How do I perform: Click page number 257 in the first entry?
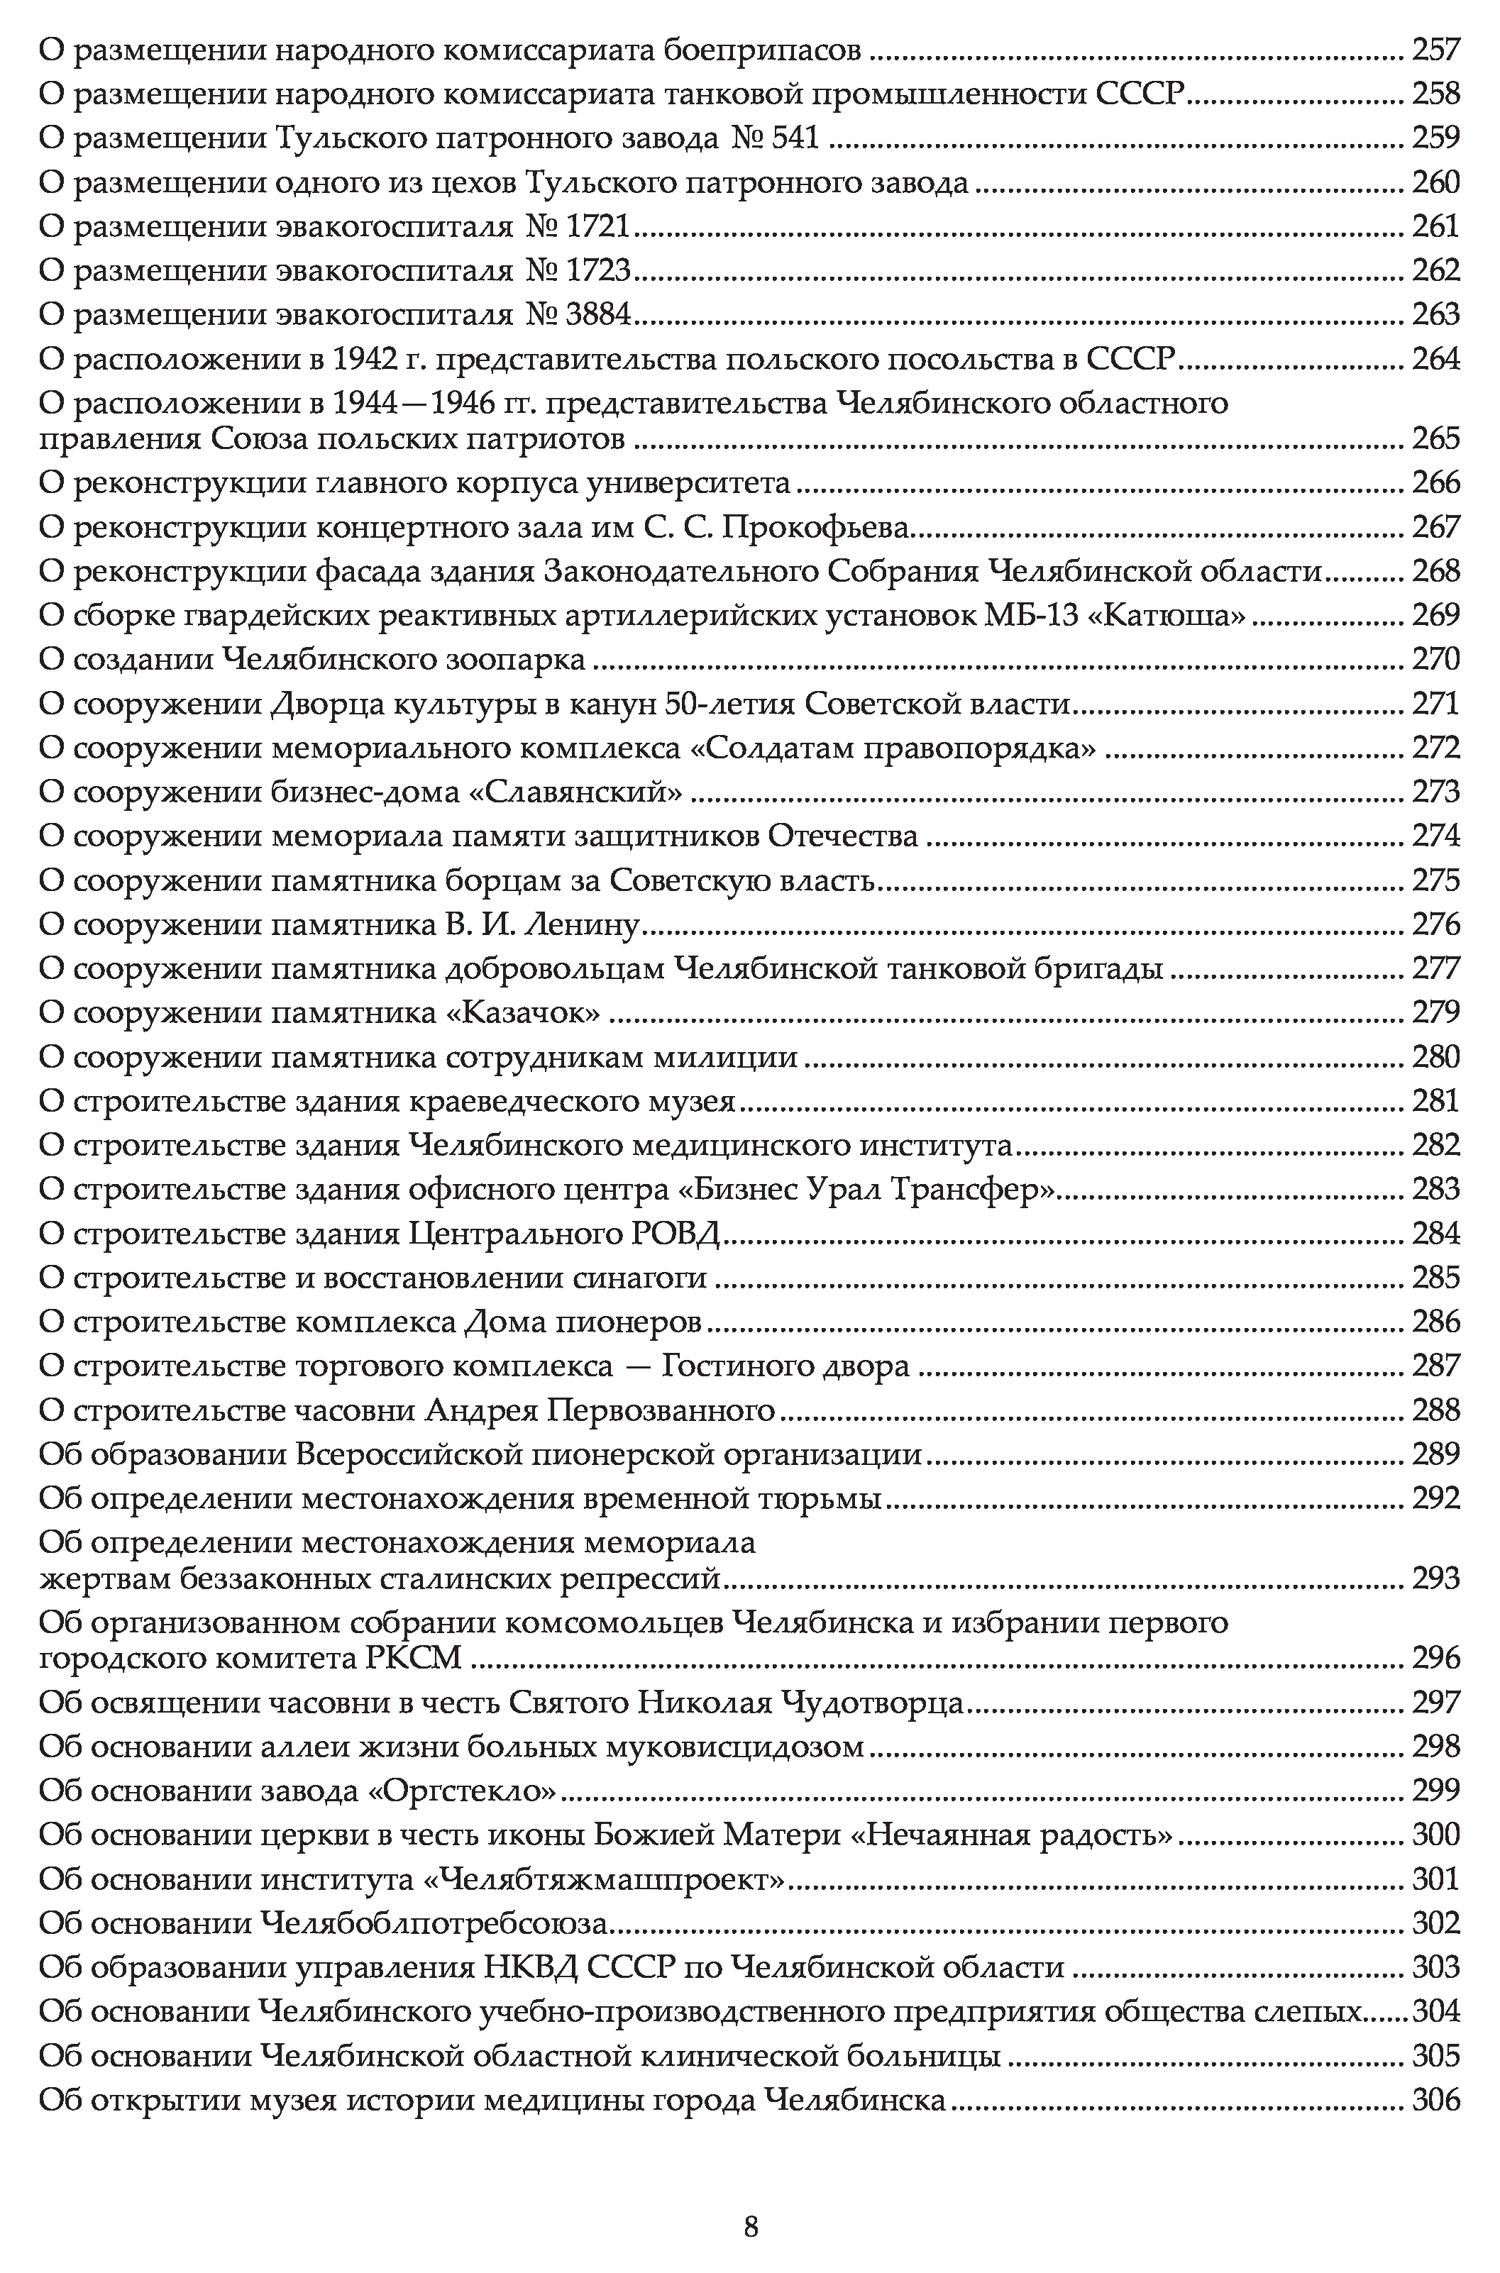(1436, 50)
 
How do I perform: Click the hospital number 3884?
(598, 314)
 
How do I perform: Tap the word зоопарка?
(517, 660)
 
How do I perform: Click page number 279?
(1436, 1012)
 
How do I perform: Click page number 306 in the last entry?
(1436, 2101)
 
